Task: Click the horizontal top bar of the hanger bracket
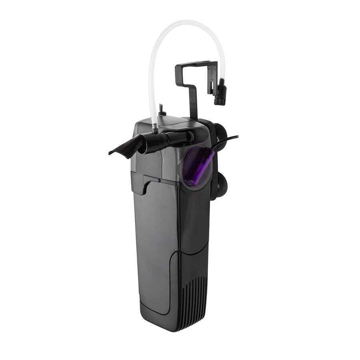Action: click(196, 64)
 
